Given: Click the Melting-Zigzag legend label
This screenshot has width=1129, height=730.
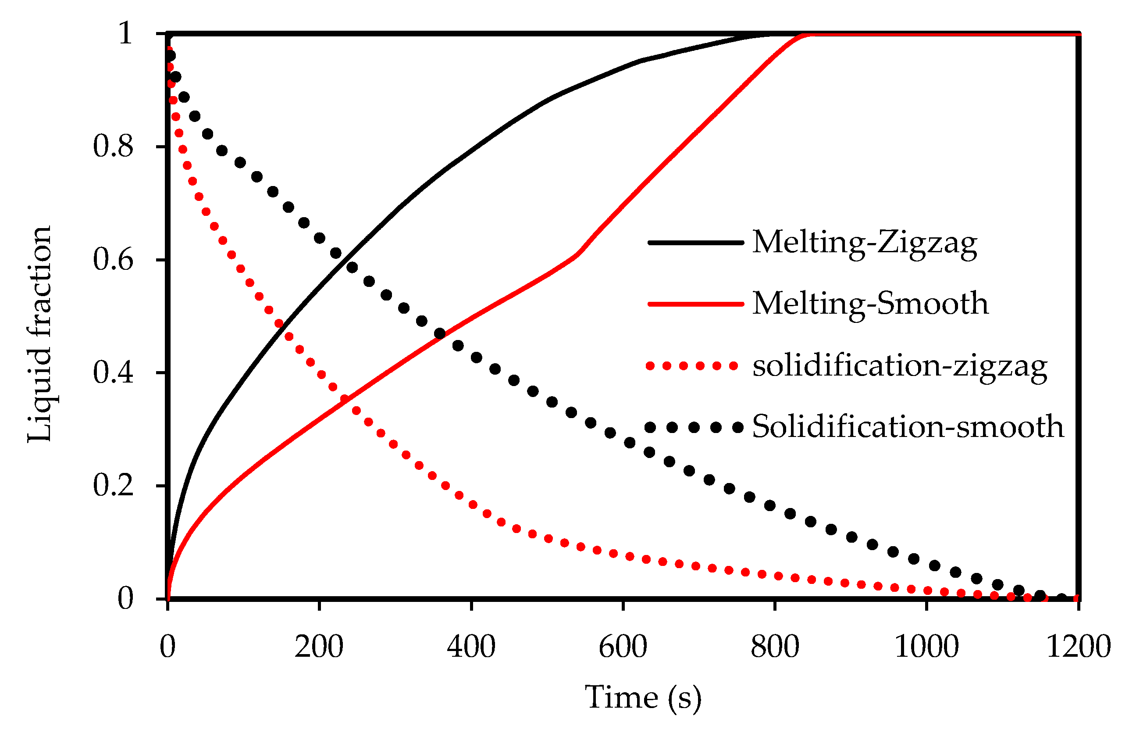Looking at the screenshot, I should click(x=864, y=243).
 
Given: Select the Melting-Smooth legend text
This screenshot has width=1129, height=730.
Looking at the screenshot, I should click(x=870, y=304).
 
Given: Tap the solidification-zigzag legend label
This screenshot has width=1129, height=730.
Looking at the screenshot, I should click(x=899, y=366).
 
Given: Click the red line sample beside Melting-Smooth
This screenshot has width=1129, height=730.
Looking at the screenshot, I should click(x=695, y=304).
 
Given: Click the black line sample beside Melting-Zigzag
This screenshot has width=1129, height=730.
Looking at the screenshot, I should click(x=695, y=242).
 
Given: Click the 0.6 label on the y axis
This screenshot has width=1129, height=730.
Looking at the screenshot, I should click(x=113, y=260).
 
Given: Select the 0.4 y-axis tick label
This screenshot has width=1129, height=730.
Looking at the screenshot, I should click(x=113, y=372).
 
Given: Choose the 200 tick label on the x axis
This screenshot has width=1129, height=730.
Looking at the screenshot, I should click(x=319, y=647).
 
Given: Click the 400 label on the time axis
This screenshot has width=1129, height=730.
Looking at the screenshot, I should click(x=471, y=647).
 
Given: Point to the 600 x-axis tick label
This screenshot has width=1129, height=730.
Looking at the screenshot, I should click(x=623, y=647).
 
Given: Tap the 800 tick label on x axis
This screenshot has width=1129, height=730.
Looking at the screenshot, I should click(x=775, y=647).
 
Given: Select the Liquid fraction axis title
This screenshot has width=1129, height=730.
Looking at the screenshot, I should click(x=39, y=334).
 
